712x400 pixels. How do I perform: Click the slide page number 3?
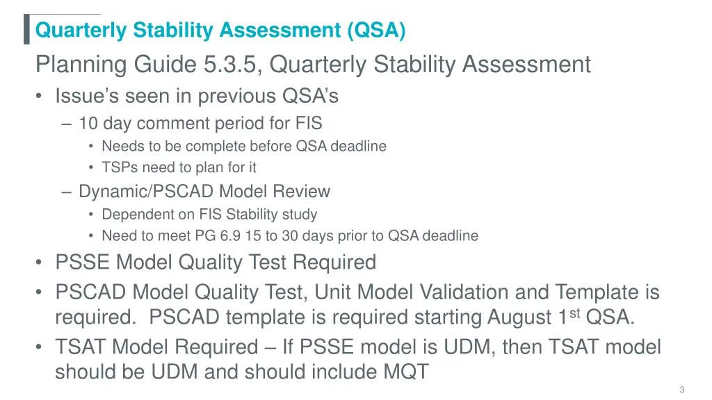(x=683, y=390)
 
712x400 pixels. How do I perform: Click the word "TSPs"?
(x=118, y=167)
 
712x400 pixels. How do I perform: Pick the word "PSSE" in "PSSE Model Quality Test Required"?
(x=83, y=262)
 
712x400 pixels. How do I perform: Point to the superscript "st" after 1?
(x=575, y=312)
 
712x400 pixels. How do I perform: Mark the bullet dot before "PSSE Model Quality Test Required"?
(x=40, y=263)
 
